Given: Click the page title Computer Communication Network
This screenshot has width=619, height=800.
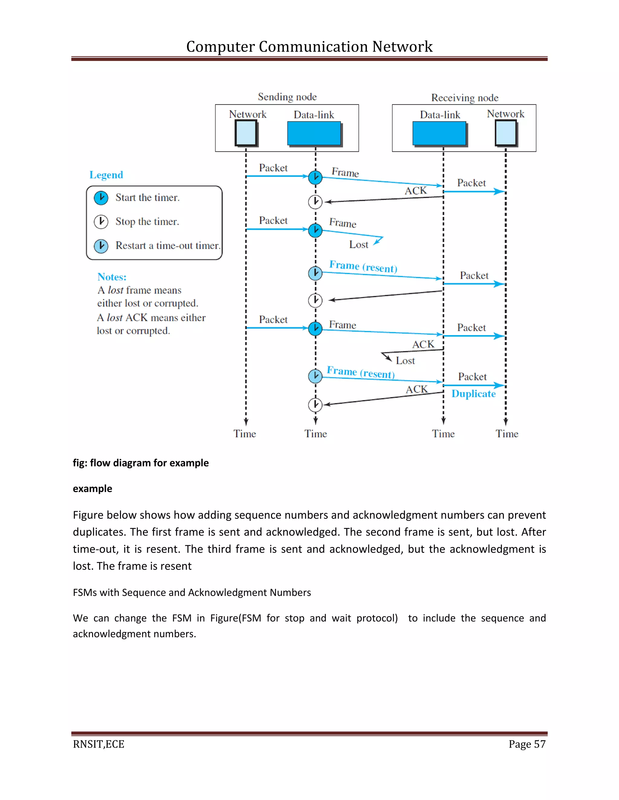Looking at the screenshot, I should coord(309,47).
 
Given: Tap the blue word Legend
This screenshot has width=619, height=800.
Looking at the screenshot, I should coord(106,175).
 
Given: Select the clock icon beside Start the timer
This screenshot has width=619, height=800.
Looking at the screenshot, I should coord(101,198).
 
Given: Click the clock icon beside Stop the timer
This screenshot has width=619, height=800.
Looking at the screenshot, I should coord(101,222).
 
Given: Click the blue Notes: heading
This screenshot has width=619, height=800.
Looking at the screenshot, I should coord(112,277).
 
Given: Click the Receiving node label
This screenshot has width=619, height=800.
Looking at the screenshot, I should coord(465,98).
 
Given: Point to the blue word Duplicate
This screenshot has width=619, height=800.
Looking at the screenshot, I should coord(473,394).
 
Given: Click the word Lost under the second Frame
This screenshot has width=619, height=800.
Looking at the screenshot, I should coord(358,245).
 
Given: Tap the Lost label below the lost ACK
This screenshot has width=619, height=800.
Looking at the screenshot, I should coord(405,361).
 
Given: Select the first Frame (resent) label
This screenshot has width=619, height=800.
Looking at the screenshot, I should coord(363,266).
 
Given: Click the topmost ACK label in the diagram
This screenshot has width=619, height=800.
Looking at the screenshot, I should coord(416,191).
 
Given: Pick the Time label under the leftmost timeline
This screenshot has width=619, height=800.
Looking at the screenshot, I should coord(245,434).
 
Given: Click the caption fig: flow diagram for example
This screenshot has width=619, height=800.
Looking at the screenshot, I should coord(141,463).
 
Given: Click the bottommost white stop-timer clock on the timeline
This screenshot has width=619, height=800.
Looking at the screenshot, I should coord(315,405).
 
